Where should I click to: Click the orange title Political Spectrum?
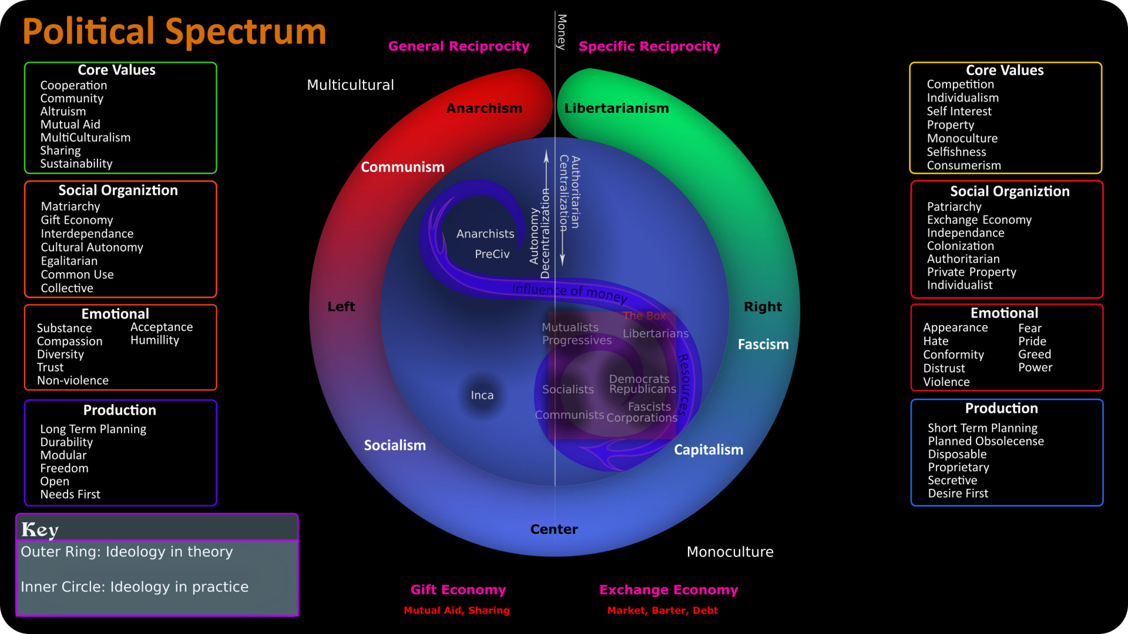coord(174,32)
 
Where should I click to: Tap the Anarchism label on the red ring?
coord(484,109)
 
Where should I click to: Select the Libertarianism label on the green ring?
coord(616,109)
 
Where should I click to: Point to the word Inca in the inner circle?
coord(482,395)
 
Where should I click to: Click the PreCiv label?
coord(492,254)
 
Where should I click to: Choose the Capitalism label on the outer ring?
coord(708,450)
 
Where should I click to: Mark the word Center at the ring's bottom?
coord(554,529)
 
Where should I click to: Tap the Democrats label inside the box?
coord(639,379)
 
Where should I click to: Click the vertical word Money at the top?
coord(562,32)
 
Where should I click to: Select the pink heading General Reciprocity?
coord(458,46)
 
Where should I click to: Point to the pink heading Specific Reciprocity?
coord(649,46)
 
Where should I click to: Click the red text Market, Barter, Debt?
coord(662,610)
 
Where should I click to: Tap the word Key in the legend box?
coord(40,530)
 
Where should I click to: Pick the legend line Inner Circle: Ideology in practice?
coord(135,587)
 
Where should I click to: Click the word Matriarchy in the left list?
coord(70,207)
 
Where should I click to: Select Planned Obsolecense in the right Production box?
coord(985,441)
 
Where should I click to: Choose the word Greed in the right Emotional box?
coord(1034,354)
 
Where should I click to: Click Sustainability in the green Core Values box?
coord(76,164)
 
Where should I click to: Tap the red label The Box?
coord(644,316)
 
